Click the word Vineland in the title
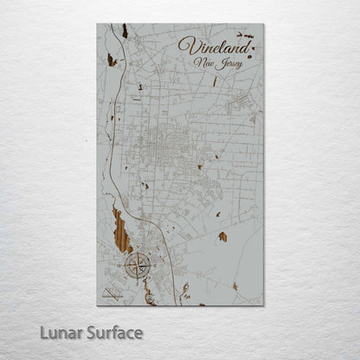(x=210, y=45)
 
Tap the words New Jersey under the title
(x=218, y=62)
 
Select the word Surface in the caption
(x=113, y=332)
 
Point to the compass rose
(x=136, y=266)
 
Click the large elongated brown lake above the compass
(x=122, y=231)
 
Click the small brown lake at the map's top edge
(x=125, y=30)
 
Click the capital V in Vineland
(x=184, y=43)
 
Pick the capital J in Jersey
(x=224, y=62)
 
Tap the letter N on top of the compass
(x=136, y=252)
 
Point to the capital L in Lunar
(x=47, y=332)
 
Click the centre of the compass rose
(x=136, y=266)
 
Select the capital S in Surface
(x=91, y=332)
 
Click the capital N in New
(x=200, y=62)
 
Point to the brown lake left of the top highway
(x=111, y=60)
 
